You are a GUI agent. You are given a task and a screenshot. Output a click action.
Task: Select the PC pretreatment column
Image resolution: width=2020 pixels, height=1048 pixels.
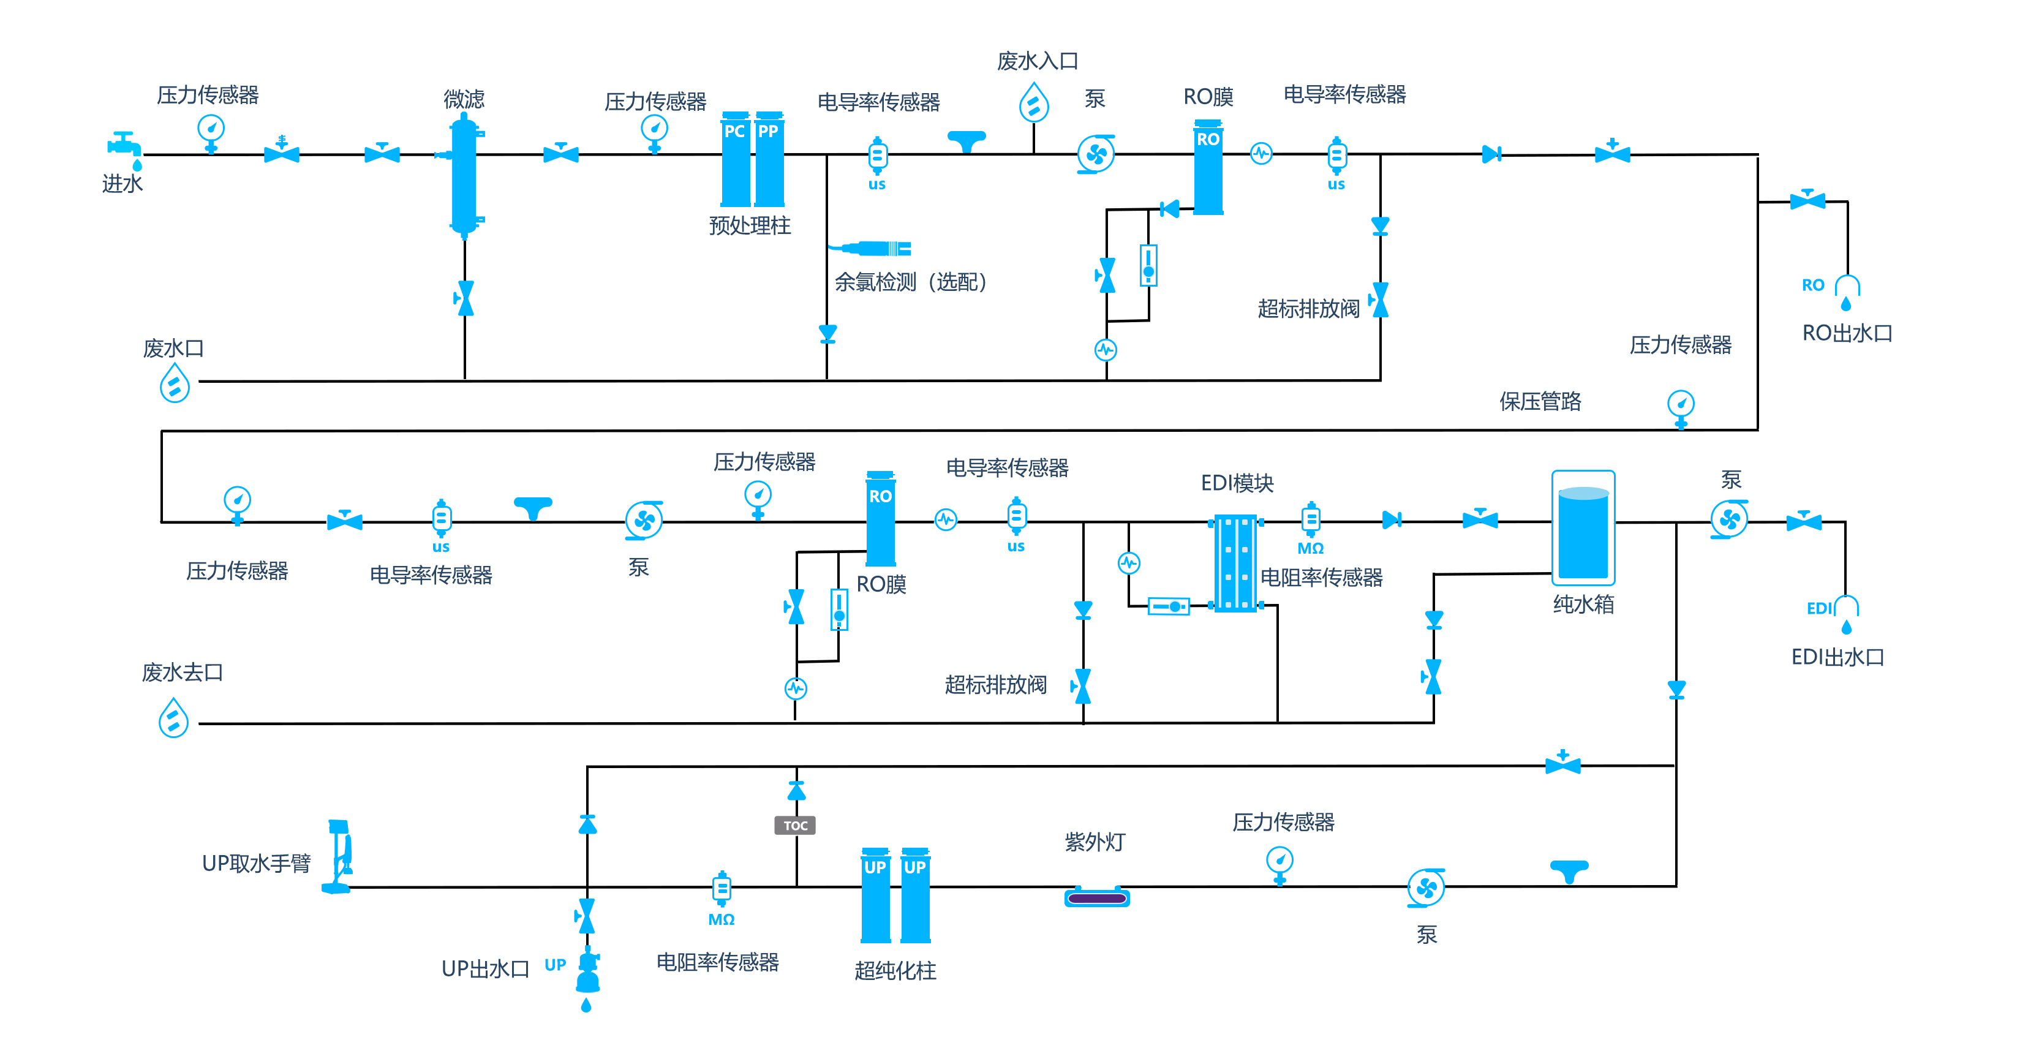click(x=736, y=159)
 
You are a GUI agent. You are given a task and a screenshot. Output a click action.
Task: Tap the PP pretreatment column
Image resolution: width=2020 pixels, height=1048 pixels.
click(x=769, y=159)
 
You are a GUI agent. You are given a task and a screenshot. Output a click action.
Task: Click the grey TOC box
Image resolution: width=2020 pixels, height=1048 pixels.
click(x=795, y=825)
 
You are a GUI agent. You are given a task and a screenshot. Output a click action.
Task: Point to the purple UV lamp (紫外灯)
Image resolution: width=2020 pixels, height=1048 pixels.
click(x=1097, y=897)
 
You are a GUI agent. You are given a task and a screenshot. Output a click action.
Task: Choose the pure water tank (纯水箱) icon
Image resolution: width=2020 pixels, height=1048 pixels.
click(x=1583, y=528)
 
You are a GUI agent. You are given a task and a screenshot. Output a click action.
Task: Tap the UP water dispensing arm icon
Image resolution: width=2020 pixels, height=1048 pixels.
click(x=339, y=857)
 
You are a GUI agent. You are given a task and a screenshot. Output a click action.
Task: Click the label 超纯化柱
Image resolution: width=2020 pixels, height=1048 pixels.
click(x=895, y=971)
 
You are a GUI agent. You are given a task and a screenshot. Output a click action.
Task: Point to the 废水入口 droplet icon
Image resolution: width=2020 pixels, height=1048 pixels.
click(x=1033, y=102)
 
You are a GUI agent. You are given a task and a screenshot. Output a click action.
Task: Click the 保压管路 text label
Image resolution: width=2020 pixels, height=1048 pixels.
click(x=1540, y=402)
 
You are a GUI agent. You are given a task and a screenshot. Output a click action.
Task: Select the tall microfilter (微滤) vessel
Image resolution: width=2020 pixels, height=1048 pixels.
click(x=464, y=176)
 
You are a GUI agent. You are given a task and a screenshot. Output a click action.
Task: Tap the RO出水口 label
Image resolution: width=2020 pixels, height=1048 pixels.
click(x=1847, y=333)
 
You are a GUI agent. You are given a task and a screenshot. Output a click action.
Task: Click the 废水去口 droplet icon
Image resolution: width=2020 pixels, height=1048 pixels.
click(x=173, y=718)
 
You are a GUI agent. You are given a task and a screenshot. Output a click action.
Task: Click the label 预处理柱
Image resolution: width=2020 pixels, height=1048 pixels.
click(x=750, y=226)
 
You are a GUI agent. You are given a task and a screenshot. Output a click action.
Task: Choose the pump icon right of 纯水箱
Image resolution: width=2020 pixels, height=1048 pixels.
click(x=1729, y=519)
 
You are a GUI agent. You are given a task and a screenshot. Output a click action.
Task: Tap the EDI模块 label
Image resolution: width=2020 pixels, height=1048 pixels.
click(x=1237, y=483)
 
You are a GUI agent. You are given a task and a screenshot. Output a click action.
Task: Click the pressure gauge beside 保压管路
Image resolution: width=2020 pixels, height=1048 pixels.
click(x=1681, y=409)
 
